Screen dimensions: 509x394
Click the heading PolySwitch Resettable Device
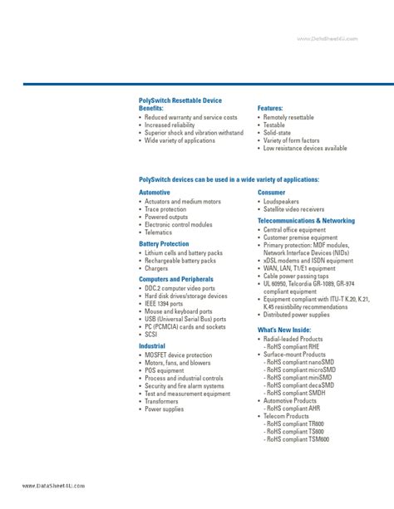click(x=180, y=100)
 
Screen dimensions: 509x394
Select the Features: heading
click(x=271, y=109)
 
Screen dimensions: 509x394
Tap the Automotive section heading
click(x=155, y=192)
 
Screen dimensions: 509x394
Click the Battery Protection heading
click(x=164, y=244)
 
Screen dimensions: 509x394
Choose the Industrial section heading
click(x=152, y=345)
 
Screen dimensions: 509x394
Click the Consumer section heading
click(x=272, y=192)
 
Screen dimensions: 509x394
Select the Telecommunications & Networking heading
click(x=306, y=221)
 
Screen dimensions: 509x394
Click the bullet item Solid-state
click(x=279, y=133)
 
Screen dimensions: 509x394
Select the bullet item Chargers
click(x=156, y=268)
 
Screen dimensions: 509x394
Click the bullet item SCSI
click(x=151, y=334)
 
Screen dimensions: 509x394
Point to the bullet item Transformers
click(x=162, y=401)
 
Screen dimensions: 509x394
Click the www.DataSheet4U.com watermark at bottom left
click(x=47, y=486)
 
